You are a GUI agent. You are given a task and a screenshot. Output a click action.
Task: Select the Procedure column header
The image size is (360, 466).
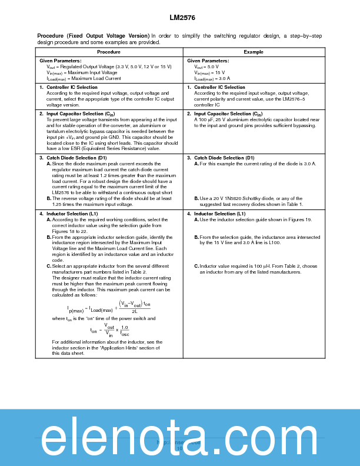coord(109,52)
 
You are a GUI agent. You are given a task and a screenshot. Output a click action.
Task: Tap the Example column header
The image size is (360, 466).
coord(254,52)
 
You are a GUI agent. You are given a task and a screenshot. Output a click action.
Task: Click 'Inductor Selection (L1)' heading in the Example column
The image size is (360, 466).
coord(219,214)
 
